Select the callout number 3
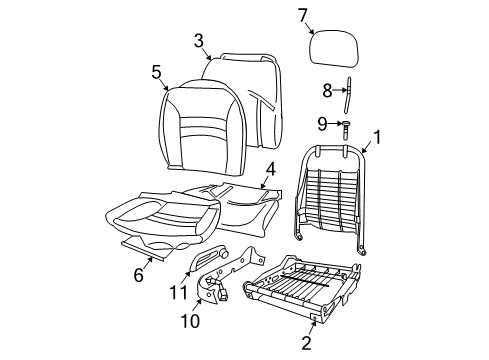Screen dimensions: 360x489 [x=199, y=40]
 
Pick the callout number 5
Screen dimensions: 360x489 [x=156, y=71]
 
